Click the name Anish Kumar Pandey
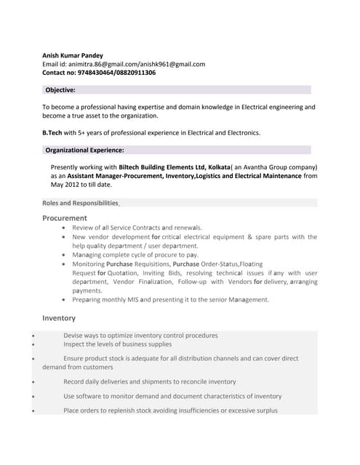(x=73, y=55)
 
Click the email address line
(x=124, y=64)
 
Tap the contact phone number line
(x=99, y=73)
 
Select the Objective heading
(x=60, y=90)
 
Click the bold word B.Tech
(x=53, y=133)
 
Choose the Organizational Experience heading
(x=84, y=150)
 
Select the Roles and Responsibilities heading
(x=80, y=203)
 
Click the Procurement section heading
(x=65, y=218)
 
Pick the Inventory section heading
(x=59, y=318)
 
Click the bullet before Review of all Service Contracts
(x=67, y=228)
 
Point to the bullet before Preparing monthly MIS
(x=67, y=299)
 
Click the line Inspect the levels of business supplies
(x=118, y=344)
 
